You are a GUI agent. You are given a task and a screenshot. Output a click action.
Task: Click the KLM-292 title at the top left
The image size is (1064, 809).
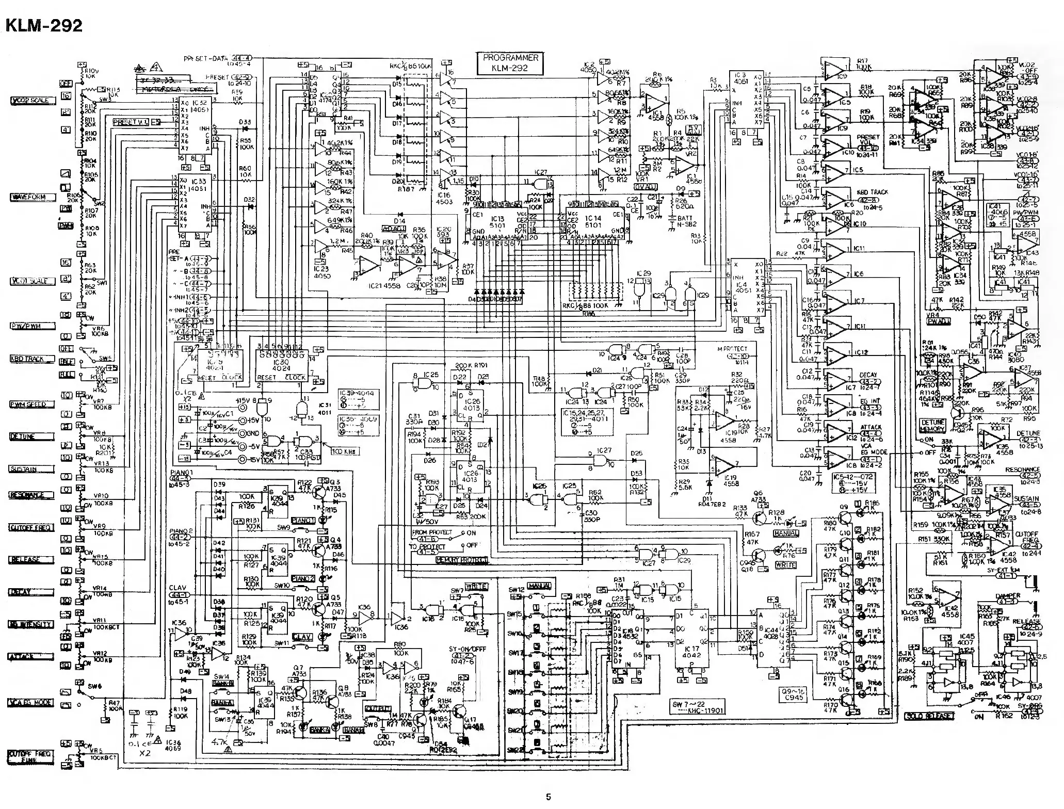43,24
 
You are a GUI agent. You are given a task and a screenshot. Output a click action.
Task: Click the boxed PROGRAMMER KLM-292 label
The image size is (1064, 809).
510,63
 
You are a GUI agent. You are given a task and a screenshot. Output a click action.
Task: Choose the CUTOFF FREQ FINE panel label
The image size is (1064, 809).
29,757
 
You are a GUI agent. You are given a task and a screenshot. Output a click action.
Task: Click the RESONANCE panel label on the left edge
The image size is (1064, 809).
30,495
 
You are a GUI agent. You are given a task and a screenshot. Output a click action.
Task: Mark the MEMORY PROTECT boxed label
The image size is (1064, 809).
462,561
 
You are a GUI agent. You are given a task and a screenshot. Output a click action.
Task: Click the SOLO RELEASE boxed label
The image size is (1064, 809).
929,716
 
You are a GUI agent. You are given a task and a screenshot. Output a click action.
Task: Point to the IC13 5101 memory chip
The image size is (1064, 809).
498,222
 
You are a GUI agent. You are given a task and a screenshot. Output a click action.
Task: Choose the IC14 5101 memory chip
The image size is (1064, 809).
593,222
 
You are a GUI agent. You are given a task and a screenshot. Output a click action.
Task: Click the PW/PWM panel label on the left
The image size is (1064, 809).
32,326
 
